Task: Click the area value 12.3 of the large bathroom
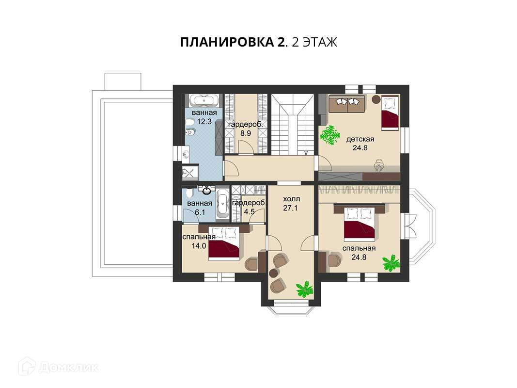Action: (x=204, y=121)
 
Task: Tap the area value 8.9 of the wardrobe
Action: (x=246, y=134)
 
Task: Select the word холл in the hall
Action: (x=292, y=199)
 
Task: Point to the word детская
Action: (x=360, y=139)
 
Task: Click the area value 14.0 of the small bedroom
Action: (x=199, y=245)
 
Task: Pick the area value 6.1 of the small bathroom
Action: (x=200, y=212)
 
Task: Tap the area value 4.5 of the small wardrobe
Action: (x=249, y=211)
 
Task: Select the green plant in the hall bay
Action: (x=304, y=289)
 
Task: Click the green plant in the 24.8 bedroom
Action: (x=392, y=263)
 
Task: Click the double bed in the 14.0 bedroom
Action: (x=224, y=243)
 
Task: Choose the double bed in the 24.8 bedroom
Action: (x=360, y=224)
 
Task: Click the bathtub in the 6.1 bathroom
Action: (x=222, y=205)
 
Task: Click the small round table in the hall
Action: (x=273, y=273)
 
